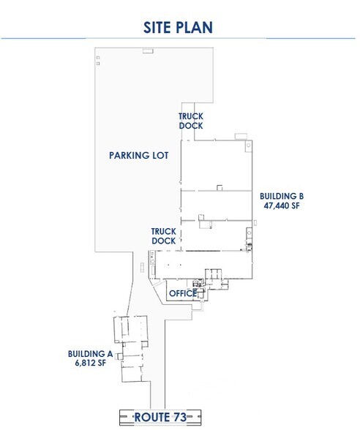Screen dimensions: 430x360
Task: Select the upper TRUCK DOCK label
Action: coord(191,121)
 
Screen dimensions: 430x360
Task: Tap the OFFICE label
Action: coord(182,293)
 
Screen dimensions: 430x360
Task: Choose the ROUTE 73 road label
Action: coord(159,416)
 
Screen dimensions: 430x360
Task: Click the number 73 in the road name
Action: coord(176,416)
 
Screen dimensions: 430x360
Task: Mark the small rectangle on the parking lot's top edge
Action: coord(148,50)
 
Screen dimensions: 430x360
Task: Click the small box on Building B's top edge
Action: coord(239,135)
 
